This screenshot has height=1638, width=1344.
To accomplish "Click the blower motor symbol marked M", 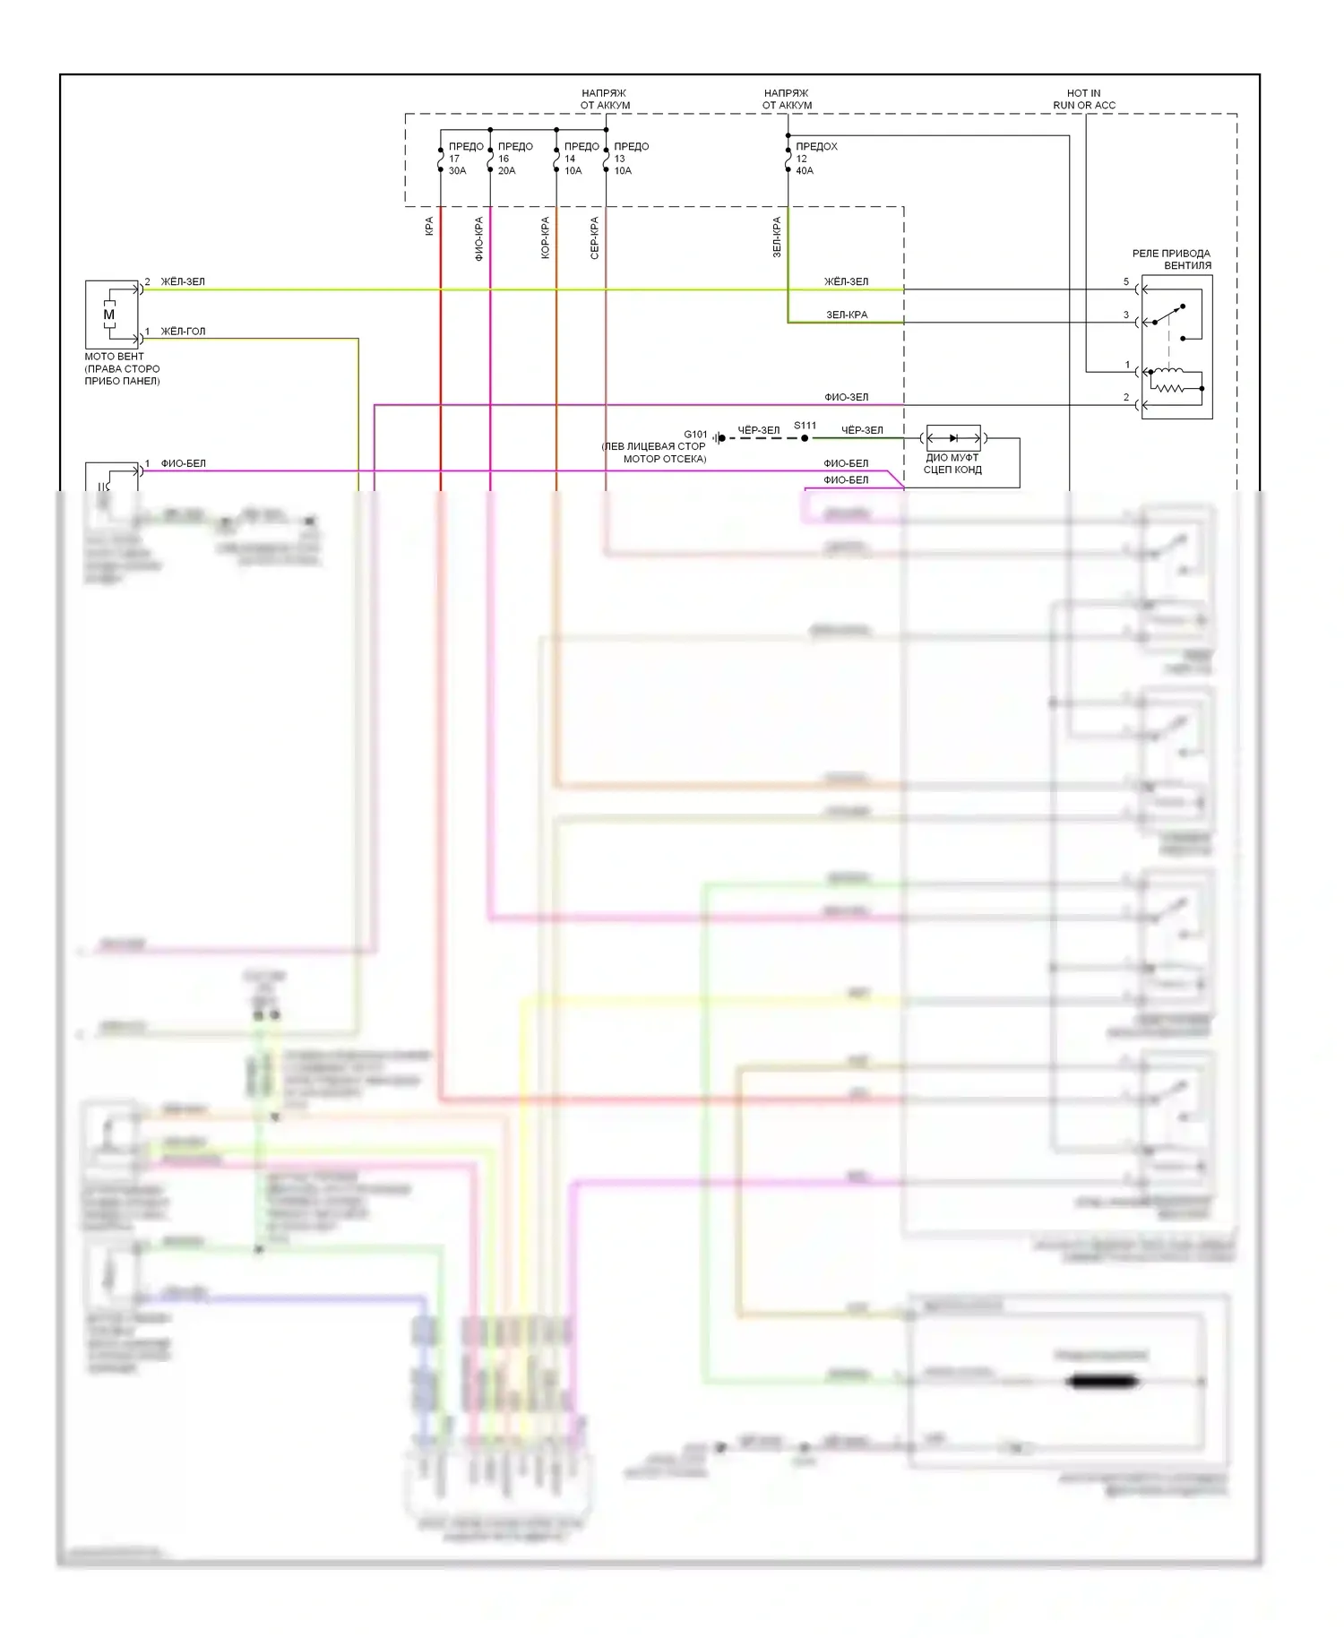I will [x=109, y=315].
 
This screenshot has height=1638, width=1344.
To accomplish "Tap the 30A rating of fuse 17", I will [x=457, y=171].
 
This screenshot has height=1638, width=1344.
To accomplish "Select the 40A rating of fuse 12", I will [x=805, y=171].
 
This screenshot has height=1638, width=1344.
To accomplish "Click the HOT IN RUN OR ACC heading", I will [x=1084, y=99].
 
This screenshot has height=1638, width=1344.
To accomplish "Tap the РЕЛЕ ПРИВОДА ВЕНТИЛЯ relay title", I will [x=1171, y=260].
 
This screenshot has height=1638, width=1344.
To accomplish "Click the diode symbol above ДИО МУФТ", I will [x=952, y=438].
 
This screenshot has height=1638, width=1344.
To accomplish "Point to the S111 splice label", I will [x=805, y=426].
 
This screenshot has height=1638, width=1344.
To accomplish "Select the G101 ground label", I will [x=695, y=435].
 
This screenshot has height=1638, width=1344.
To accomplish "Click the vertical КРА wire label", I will [x=429, y=227].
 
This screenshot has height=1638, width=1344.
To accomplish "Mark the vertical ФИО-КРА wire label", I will [x=478, y=238].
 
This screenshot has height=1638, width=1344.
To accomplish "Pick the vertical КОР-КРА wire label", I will [x=545, y=238].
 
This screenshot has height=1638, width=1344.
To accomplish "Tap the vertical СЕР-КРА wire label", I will [x=594, y=238].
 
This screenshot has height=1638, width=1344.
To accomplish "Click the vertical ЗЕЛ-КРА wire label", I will [x=777, y=237].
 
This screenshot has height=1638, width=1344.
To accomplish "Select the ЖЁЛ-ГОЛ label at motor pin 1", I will [x=183, y=332].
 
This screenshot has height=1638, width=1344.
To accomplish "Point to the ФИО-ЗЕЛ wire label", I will [x=846, y=397].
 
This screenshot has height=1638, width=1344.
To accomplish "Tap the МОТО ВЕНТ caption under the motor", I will [x=114, y=357].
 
